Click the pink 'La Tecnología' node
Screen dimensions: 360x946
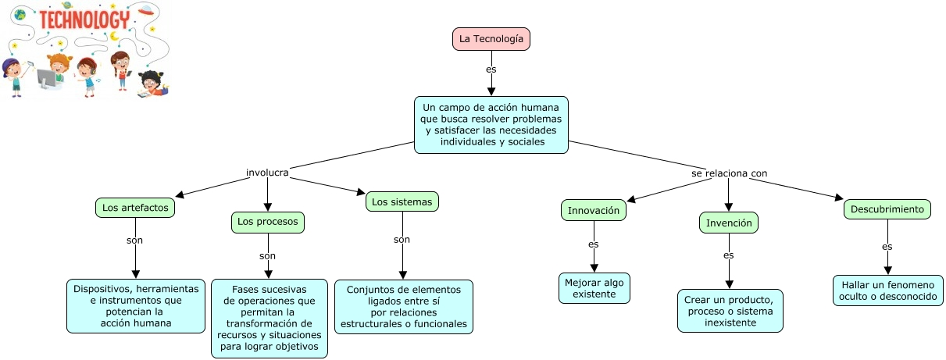491,38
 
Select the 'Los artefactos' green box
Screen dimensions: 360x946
135,209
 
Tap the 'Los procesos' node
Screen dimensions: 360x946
268,223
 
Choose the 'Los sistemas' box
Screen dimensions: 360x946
402,202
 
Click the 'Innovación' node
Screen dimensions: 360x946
594,211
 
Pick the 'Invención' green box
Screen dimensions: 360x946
729,223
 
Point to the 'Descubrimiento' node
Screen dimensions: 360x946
887,209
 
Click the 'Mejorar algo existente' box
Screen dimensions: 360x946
594,288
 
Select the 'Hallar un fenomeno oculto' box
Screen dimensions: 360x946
887,290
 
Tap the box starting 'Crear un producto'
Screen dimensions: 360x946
730,311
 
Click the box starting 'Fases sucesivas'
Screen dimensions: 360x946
269,319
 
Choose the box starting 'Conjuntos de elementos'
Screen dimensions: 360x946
404,307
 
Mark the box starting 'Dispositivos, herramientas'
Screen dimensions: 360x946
136,306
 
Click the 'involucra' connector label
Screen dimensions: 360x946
268,172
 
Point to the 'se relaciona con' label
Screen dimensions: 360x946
724,173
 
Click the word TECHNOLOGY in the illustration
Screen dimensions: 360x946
84,20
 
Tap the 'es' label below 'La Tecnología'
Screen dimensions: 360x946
491,69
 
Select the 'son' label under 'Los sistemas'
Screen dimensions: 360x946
402,240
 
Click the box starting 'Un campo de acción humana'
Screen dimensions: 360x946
491,125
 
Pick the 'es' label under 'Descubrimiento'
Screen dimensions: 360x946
887,247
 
